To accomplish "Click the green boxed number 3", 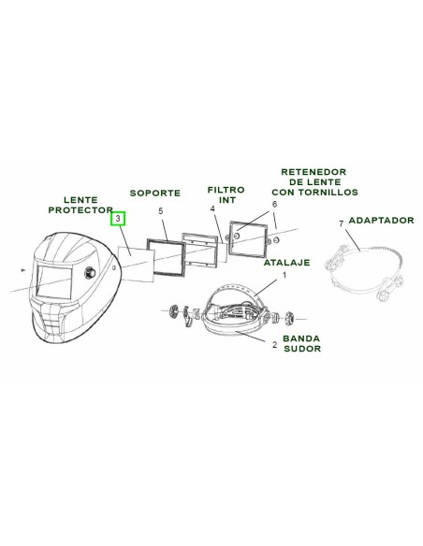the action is (118, 219).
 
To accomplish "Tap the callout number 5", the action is (161, 211).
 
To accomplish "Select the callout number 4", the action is (212, 208).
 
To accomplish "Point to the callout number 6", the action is (274, 204).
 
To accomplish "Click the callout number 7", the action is (342, 223).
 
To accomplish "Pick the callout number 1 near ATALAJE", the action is (284, 275).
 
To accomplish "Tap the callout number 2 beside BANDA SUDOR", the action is (274, 345).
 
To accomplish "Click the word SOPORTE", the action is (155, 193).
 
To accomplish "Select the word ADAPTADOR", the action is (381, 220).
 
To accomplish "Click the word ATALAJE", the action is (286, 262).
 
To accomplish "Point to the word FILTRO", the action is (226, 190).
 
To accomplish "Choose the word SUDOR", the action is (302, 349).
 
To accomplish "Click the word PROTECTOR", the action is (80, 210).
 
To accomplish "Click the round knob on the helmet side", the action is (90, 272).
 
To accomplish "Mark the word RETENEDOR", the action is (314, 172).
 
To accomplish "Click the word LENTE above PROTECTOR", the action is (80, 200).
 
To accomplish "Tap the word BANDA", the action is (301, 338).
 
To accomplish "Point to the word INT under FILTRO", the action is (227, 200).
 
